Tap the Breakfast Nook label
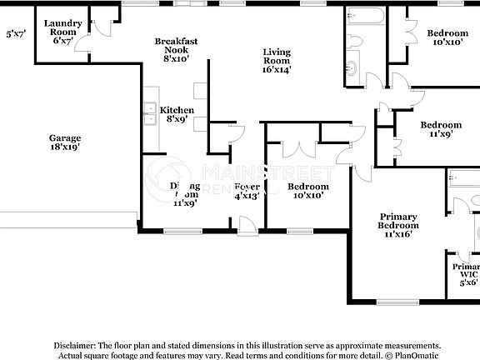click(x=176, y=49)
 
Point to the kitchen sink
click(x=151, y=113)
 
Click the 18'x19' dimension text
click(x=64, y=147)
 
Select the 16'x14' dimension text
click(x=277, y=70)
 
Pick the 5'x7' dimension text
click(x=15, y=34)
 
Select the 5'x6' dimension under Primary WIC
click(x=469, y=282)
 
